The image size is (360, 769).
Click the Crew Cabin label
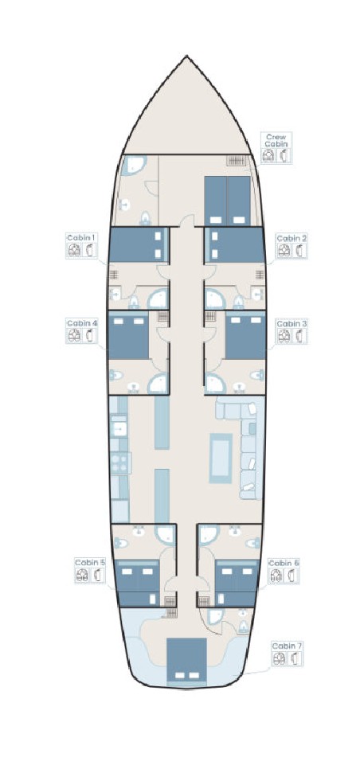coord(276,140)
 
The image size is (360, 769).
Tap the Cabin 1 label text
coord(81,238)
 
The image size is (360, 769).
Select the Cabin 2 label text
coord(291,238)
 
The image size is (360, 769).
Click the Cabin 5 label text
coord(90,562)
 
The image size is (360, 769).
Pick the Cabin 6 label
coord(284,563)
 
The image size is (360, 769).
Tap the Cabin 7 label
coord(287,646)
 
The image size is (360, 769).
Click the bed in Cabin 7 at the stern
coord(187,661)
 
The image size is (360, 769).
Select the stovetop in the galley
coord(120,463)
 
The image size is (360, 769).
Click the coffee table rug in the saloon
coord(221,458)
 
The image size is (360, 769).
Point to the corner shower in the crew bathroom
coord(133,166)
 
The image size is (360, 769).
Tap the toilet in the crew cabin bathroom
coord(145,218)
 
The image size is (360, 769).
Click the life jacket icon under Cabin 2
coord(284,251)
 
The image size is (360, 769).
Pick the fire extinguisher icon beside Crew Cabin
coord(283,155)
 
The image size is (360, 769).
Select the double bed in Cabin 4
coord(128,337)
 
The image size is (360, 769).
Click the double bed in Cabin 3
coord(245,337)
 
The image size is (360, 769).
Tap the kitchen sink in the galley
coord(119,429)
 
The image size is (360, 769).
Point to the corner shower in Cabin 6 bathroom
coord(209,535)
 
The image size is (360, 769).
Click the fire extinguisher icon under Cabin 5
coord(97,575)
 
